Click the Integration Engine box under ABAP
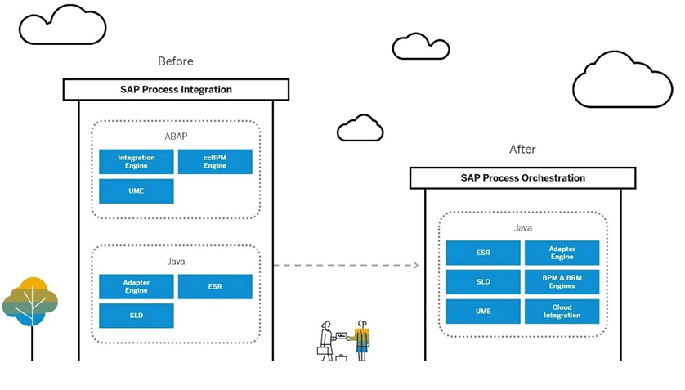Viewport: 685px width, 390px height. pyautogui.click(x=137, y=162)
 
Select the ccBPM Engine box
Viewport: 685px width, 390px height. pyautogui.click(x=215, y=162)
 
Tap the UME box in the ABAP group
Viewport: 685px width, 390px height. pyautogui.click(x=137, y=191)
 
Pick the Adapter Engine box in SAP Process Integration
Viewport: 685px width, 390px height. pyautogui.click(x=137, y=286)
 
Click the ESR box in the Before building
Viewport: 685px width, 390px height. pyautogui.click(x=215, y=286)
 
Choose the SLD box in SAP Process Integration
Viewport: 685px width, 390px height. pyautogui.click(x=137, y=316)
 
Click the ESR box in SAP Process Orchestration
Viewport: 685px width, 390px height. pyautogui.click(x=483, y=253)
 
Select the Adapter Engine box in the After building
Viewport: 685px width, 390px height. pyautogui.click(x=562, y=253)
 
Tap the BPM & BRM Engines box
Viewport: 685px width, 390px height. pyautogui.click(x=562, y=282)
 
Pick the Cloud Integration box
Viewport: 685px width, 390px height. pyautogui.click(x=562, y=311)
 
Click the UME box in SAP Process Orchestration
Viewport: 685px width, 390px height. pyautogui.click(x=483, y=311)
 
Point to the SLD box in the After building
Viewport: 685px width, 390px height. pyautogui.click(x=483, y=282)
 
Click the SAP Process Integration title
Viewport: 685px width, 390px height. pyautogui.click(x=176, y=90)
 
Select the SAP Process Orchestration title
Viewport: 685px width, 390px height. pyautogui.click(x=523, y=177)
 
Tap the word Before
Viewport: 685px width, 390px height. pyautogui.click(x=176, y=61)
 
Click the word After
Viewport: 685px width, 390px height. pyautogui.click(x=522, y=150)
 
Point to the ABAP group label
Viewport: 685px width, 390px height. pyautogui.click(x=176, y=137)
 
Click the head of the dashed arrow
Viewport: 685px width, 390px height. pyautogui.click(x=416, y=265)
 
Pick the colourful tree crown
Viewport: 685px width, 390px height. pyautogui.click(x=29, y=302)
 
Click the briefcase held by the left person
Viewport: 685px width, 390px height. pyautogui.click(x=322, y=351)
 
